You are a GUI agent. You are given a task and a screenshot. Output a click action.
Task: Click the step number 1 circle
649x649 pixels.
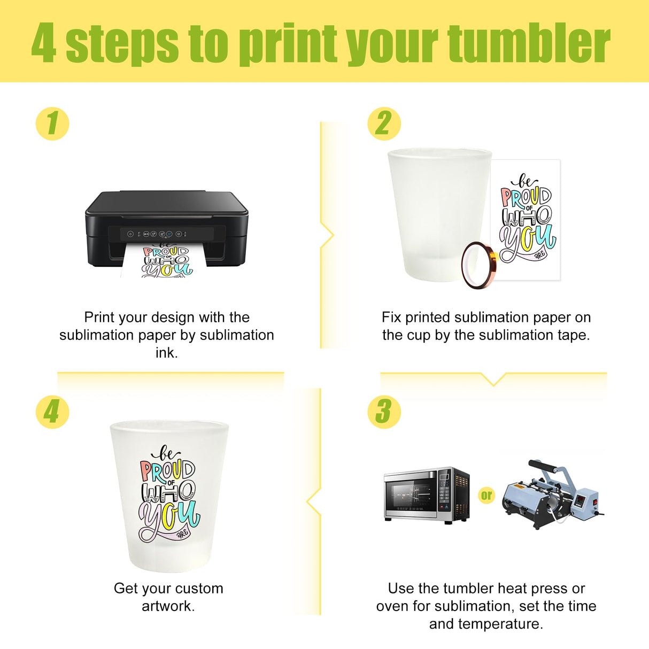[x=52, y=123]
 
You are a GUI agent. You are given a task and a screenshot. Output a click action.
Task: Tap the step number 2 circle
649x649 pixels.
[x=384, y=123]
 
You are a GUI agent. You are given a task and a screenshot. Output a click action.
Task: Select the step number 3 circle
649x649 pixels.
[x=384, y=412]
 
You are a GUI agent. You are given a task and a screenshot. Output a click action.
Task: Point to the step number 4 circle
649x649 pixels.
[x=52, y=412]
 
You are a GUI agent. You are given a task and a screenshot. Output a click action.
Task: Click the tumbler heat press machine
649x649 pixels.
[x=552, y=495]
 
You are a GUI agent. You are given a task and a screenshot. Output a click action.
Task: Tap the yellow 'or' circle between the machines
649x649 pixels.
[x=486, y=495]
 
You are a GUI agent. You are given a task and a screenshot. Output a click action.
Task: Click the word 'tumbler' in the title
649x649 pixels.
[x=529, y=43]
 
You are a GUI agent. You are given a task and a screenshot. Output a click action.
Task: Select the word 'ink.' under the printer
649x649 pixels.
[x=167, y=353]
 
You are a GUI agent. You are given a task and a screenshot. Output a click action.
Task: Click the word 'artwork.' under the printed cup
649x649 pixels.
[x=168, y=606]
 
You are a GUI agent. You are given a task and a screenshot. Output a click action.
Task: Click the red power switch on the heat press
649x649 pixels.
[x=596, y=501]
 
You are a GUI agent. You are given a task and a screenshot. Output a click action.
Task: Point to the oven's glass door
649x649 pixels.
[x=411, y=496]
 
